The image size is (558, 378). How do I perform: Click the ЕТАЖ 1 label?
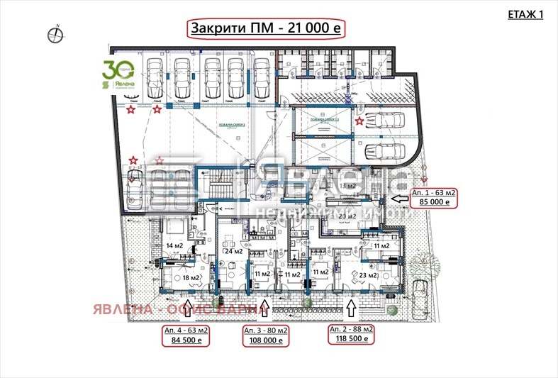[526, 14]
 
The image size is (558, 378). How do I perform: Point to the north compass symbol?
[54, 32]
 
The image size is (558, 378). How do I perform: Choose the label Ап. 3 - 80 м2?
[267, 330]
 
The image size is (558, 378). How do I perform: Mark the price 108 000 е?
[267, 340]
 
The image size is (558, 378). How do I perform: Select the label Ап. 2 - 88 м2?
[351, 330]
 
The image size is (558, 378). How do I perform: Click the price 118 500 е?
[351, 340]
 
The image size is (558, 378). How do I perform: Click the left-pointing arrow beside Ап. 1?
[398, 198]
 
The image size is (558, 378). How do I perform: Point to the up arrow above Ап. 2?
[350, 308]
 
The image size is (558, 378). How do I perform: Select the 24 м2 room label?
[234, 251]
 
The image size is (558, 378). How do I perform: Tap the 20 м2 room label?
[347, 216]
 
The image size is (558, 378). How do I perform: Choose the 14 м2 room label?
[174, 246]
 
